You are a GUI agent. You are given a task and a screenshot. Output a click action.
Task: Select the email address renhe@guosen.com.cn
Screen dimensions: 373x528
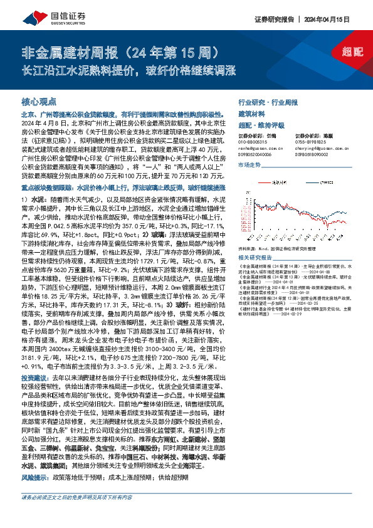pyautogui.click(x=261, y=149)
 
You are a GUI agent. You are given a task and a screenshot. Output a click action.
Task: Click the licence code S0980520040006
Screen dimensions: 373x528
pyautogui.click(x=256, y=154)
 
